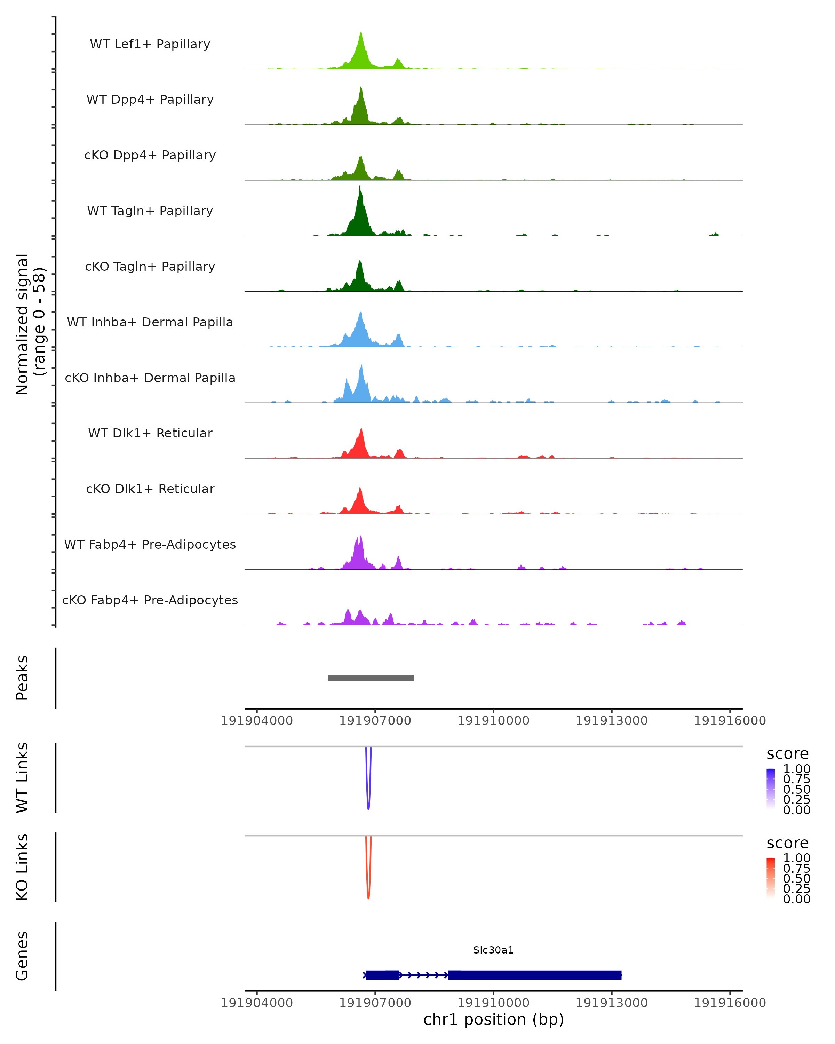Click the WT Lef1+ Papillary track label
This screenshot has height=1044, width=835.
[150, 44]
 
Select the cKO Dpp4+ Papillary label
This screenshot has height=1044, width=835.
[150, 156]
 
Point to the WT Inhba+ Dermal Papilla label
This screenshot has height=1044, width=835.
[150, 323]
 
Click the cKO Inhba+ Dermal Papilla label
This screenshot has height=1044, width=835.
[150, 378]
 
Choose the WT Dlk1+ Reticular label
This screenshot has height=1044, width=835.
[150, 433]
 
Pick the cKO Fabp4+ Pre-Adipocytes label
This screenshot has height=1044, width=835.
[150, 600]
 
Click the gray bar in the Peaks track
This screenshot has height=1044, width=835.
[371, 678]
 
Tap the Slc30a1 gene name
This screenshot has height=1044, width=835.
[493, 950]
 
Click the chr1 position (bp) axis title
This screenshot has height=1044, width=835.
[493, 1020]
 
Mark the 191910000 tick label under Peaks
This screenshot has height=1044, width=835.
[493, 721]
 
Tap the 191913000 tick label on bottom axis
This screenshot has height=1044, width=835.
[611, 1003]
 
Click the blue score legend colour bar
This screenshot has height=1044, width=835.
[771, 789]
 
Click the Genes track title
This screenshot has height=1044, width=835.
[22, 956]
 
